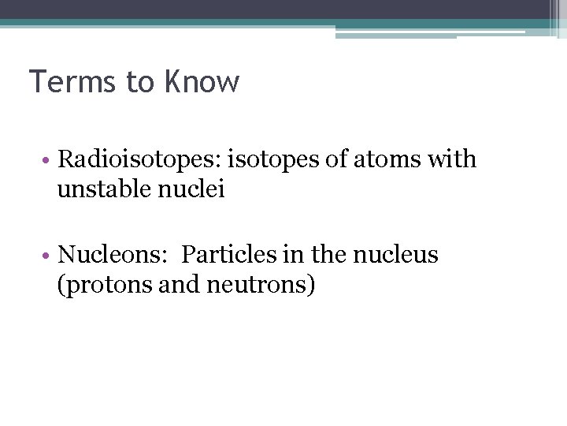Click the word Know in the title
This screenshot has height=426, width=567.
[203, 82]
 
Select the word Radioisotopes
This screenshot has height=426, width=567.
[139, 159]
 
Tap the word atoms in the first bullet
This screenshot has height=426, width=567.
[395, 159]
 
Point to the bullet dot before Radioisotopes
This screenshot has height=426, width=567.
[48, 160]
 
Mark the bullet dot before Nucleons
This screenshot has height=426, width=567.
[48, 256]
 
